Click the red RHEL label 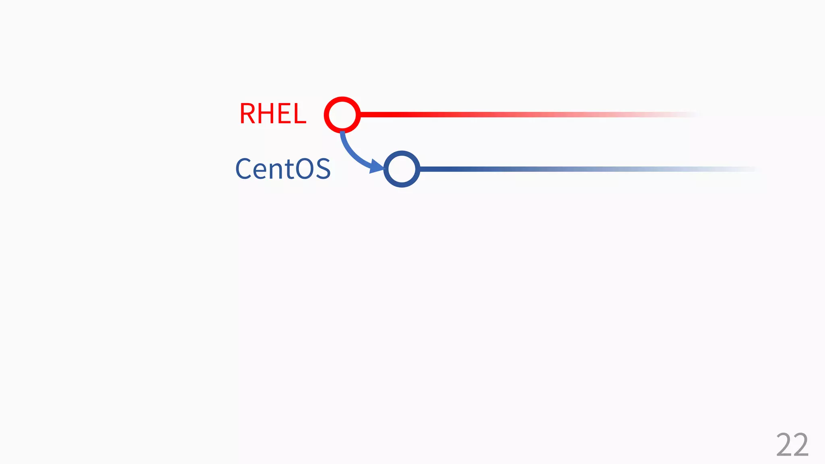pos(273,114)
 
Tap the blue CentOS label pos(283,169)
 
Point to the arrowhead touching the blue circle pos(377,166)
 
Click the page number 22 pos(792,445)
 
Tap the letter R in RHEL pos(248,114)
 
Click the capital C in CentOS pos(244,169)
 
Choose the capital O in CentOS pos(305,169)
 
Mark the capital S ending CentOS pos(323,169)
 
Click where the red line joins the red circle pos(361,114)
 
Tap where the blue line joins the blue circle pos(420,169)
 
